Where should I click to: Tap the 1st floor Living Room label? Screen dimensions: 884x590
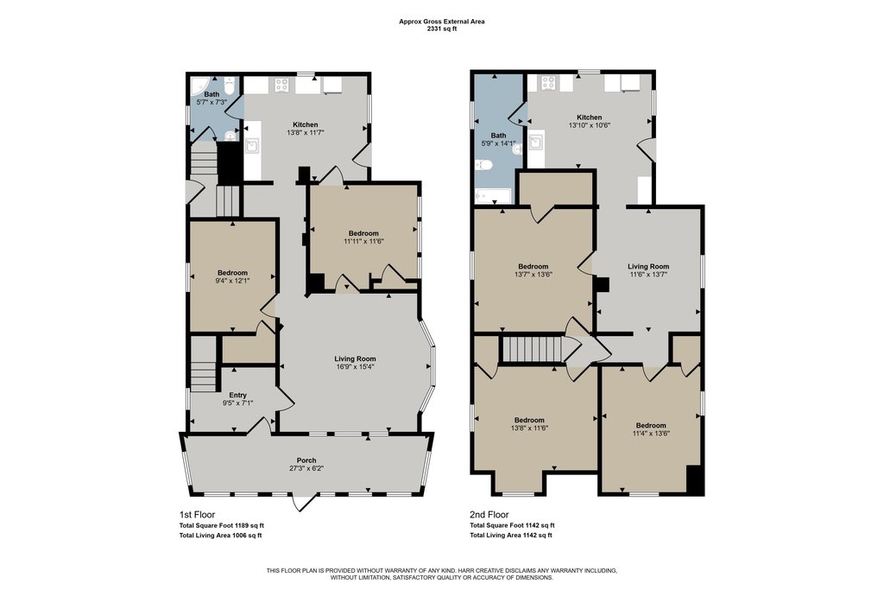355,358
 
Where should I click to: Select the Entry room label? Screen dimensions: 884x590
238,396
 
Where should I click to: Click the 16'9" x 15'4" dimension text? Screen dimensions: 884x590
355,366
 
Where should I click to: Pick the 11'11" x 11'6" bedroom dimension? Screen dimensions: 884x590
363,241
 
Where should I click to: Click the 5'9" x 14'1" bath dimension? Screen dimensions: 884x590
498,143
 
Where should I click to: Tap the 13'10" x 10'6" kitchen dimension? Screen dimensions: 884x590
589,125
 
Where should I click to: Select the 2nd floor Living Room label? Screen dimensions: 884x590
648,266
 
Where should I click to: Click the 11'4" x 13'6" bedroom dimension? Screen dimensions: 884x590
651,433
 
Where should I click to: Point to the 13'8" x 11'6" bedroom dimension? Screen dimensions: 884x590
529,428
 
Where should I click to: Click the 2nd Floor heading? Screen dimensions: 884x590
489,515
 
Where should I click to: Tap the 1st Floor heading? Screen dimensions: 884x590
198,515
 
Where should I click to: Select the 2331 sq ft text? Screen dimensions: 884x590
442,29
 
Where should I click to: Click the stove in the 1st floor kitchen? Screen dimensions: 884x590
282,86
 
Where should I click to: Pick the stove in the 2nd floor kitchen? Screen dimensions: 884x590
548,83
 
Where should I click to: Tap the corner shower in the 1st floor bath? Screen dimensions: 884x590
199,85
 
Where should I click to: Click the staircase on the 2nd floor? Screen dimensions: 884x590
534,349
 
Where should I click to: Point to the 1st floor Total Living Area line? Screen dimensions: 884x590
220,536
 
